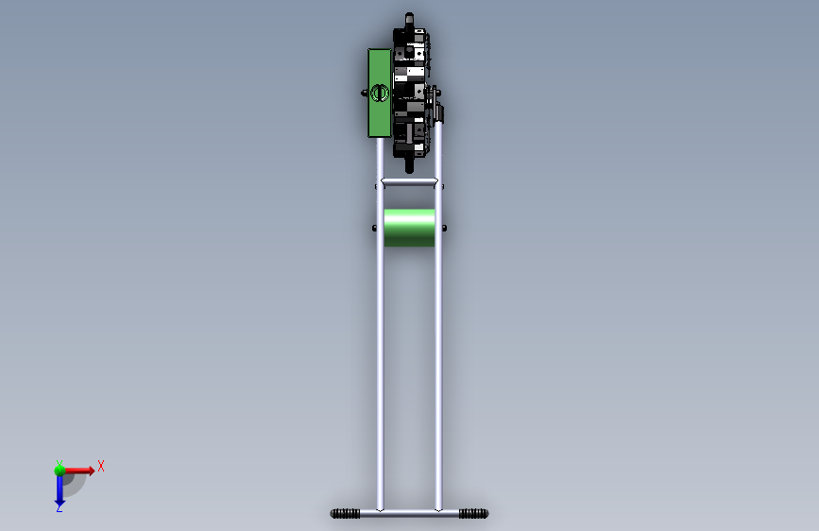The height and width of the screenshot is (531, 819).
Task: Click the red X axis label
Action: coord(101,466)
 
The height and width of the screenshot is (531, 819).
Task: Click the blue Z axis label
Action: coord(59,507)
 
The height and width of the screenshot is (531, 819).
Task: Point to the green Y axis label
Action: coord(59,464)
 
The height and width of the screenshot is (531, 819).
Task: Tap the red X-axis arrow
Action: coord(79,471)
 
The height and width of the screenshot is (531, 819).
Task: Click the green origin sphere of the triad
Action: coord(60,471)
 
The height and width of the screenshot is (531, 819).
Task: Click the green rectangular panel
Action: coord(379,93)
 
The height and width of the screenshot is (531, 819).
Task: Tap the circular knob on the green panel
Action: coord(380,93)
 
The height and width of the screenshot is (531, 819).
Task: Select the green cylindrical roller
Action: coord(409,228)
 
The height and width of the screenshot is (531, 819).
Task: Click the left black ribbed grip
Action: coord(345,514)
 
